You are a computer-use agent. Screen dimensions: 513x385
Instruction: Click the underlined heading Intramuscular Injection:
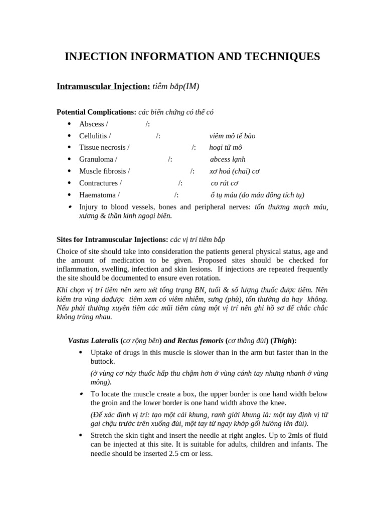pyautogui.click(x=103, y=87)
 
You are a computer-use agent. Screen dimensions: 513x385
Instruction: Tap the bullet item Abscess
pyautogui.click(x=92, y=124)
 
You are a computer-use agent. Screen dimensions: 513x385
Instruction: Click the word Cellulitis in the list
pyautogui.click(x=94, y=136)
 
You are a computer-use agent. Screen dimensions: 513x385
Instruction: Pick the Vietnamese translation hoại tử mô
pyautogui.click(x=226, y=147)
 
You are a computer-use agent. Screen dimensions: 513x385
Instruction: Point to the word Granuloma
pyautogui.click(x=97, y=159)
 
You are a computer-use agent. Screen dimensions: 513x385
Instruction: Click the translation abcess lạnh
pyautogui.click(x=228, y=159)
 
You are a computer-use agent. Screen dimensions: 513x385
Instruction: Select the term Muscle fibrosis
pyautogui.click(x=103, y=171)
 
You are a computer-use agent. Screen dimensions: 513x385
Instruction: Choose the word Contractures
pyautogui.click(x=99, y=183)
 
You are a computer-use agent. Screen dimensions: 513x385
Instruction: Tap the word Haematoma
pyautogui.click(x=98, y=195)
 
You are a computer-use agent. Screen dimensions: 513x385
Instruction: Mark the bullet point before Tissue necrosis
pyautogui.click(x=69, y=148)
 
